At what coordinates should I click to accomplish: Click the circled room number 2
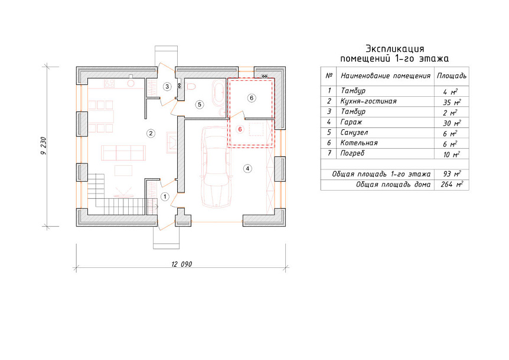click(x=151, y=133)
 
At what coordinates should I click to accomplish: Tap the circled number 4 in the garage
click(x=247, y=168)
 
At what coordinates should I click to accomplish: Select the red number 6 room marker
click(x=240, y=129)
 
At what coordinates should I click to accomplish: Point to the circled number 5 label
click(x=200, y=104)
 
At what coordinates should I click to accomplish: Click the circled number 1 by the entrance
click(x=165, y=197)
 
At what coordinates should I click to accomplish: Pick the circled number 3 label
click(x=167, y=86)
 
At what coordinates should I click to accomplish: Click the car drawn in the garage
click(x=217, y=166)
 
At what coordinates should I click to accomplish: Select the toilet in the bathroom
click(x=191, y=87)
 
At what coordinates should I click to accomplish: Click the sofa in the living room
click(x=123, y=153)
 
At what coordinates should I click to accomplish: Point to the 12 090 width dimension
click(x=181, y=264)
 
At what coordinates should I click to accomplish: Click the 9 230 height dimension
click(x=44, y=146)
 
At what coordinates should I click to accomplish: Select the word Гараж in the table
click(x=351, y=122)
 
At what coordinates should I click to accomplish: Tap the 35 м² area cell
click(x=452, y=102)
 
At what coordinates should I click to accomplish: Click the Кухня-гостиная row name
click(x=368, y=101)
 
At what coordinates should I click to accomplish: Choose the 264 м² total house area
click(x=452, y=185)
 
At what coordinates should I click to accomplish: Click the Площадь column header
click(x=452, y=76)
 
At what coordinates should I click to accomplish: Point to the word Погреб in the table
click(x=352, y=153)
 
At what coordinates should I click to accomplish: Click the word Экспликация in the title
click(x=394, y=48)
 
